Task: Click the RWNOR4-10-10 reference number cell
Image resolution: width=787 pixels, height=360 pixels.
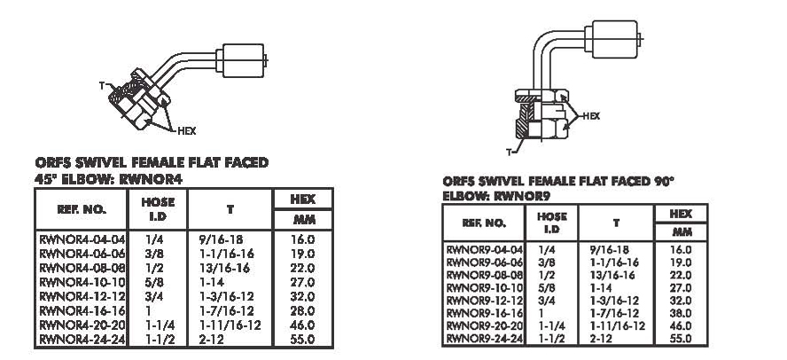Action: (x=82, y=282)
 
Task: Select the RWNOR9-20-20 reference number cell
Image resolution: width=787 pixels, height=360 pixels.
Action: (x=485, y=325)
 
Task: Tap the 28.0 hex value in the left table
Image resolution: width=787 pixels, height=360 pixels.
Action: (x=302, y=311)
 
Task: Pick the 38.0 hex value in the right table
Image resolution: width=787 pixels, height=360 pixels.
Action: (x=681, y=313)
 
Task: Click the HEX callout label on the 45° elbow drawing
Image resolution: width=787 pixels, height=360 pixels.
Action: (x=187, y=131)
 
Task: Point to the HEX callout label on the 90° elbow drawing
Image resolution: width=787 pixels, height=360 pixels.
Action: (x=591, y=116)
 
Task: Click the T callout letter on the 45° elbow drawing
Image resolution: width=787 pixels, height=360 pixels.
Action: (x=101, y=86)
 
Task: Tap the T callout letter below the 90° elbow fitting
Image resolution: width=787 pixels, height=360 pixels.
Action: (x=509, y=153)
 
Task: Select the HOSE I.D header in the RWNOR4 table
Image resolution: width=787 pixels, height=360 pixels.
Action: (x=158, y=209)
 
